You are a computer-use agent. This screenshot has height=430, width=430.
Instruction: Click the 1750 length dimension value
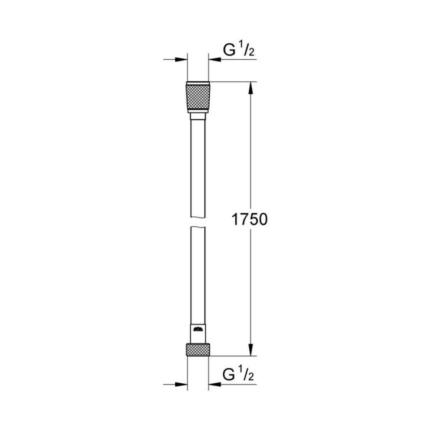tap(249, 220)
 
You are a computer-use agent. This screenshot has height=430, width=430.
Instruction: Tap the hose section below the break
tap(197, 272)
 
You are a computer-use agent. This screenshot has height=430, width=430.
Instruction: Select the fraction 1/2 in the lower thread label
tap(243, 376)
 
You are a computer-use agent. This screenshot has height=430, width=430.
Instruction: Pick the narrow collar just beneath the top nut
tap(197, 117)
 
